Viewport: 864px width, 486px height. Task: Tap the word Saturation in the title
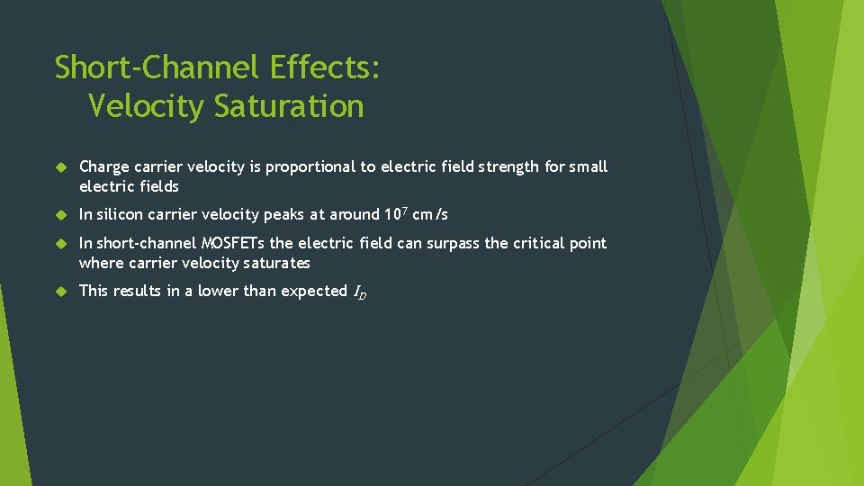[x=289, y=106]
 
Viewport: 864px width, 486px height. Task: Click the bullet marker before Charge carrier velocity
[x=60, y=167]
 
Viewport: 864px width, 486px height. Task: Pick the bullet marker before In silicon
[x=60, y=215]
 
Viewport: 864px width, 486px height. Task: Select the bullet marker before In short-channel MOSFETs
[x=60, y=244]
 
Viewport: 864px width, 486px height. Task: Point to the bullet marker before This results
[x=60, y=292]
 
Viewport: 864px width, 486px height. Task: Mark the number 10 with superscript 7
[x=395, y=214]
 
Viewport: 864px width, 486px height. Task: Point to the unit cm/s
[x=430, y=215]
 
